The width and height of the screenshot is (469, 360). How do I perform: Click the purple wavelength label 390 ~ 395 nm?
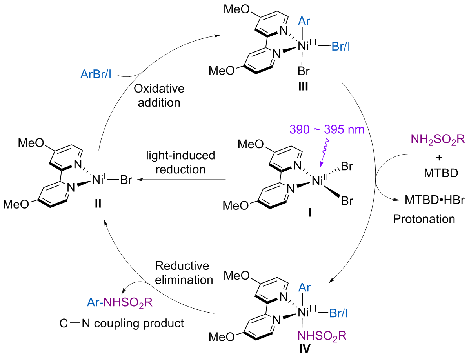327,129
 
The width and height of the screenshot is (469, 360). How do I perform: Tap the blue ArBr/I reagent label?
96,74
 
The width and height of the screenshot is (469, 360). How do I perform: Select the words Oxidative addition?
159,95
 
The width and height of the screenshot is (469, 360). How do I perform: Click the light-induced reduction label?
181,162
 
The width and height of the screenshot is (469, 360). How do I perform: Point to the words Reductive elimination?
184,273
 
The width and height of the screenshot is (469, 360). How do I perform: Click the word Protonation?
424,219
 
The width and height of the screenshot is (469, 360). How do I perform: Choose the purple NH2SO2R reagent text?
438,140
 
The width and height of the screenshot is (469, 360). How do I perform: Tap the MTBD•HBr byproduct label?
434,200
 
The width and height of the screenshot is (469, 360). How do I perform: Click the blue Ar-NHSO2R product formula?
120,303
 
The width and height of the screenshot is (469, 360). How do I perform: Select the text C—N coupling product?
122,323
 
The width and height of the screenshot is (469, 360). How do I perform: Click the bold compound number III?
303,87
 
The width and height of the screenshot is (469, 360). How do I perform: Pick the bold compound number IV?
304,349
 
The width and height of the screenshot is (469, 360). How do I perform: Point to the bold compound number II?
98,204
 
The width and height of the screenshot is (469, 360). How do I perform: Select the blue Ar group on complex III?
304,21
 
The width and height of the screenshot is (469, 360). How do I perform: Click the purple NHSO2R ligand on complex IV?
322,336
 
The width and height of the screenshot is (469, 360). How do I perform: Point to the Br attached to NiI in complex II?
126,180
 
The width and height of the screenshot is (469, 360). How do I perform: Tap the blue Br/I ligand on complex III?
341,47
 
